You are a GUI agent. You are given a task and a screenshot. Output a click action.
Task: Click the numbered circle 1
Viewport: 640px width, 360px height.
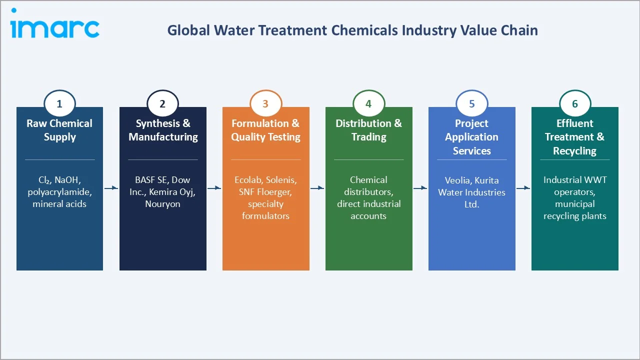point(59,104)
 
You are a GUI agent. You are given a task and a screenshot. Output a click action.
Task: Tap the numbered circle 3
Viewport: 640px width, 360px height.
point(265,104)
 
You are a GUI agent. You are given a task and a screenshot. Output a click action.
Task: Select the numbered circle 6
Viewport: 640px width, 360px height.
point(574,104)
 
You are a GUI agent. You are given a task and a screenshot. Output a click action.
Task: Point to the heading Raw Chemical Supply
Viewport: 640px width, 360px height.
point(59,130)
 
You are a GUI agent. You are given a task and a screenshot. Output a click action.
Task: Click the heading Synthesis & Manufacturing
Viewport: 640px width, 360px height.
point(163,130)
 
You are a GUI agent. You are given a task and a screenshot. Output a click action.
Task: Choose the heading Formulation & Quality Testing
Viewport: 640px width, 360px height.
point(265,130)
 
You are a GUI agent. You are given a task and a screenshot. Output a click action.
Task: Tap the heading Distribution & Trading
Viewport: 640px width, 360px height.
point(368,130)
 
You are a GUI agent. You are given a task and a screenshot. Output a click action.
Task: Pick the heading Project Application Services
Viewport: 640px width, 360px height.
point(471,137)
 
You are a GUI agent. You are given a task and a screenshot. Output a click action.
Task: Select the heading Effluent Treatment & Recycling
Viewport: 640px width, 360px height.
point(574,137)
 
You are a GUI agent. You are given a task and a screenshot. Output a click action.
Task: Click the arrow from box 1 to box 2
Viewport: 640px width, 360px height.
point(111,188)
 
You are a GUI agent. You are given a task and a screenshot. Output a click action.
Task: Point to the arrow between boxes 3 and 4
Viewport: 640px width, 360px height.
point(317,188)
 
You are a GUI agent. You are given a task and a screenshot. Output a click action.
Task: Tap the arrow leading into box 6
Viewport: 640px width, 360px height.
point(523,188)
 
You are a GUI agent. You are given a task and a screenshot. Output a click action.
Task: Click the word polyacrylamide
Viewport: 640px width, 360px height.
point(59,192)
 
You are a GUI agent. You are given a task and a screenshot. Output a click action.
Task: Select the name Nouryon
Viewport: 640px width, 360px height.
point(163,204)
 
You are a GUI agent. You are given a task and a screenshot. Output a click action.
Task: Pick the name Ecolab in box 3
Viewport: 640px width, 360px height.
point(248,180)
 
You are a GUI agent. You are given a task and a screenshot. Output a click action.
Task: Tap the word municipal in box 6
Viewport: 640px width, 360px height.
point(574,204)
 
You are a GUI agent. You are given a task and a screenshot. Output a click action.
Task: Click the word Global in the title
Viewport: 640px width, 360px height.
point(188,30)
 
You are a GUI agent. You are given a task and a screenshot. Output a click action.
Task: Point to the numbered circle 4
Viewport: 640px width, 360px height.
point(368,104)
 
